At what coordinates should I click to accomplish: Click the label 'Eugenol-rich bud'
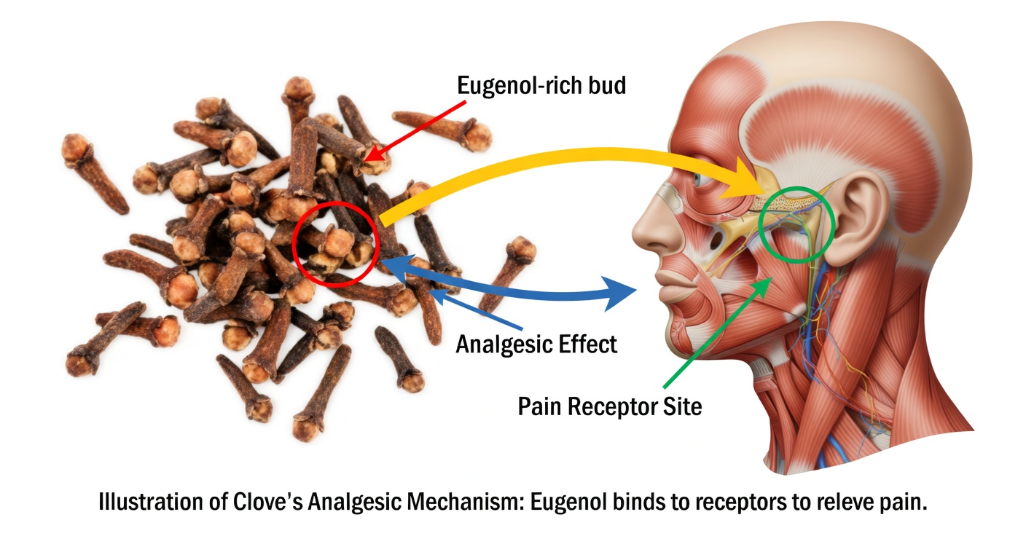coord(541,85)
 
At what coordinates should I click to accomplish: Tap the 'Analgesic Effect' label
coord(536,344)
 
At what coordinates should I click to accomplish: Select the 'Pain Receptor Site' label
coord(610,406)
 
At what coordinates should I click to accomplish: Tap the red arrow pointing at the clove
coord(415,131)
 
